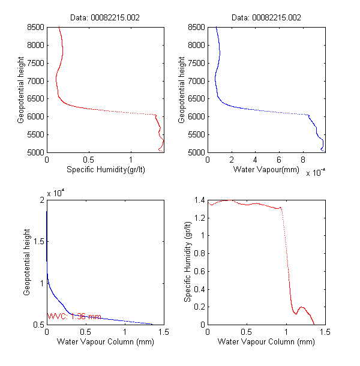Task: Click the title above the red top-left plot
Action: (106, 18)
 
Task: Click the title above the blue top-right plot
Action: (266, 18)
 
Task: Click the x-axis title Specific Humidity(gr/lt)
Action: (106, 170)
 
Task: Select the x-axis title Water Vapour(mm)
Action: (266, 170)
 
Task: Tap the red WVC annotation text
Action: (74, 316)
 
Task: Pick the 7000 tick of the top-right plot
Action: (196, 81)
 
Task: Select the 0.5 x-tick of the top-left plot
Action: (89, 160)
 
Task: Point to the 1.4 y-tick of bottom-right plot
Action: (198, 200)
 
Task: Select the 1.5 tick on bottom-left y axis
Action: (38, 242)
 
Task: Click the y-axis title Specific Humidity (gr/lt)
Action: (188, 262)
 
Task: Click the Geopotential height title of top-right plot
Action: (182, 89)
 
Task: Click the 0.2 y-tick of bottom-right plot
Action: (198, 307)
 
